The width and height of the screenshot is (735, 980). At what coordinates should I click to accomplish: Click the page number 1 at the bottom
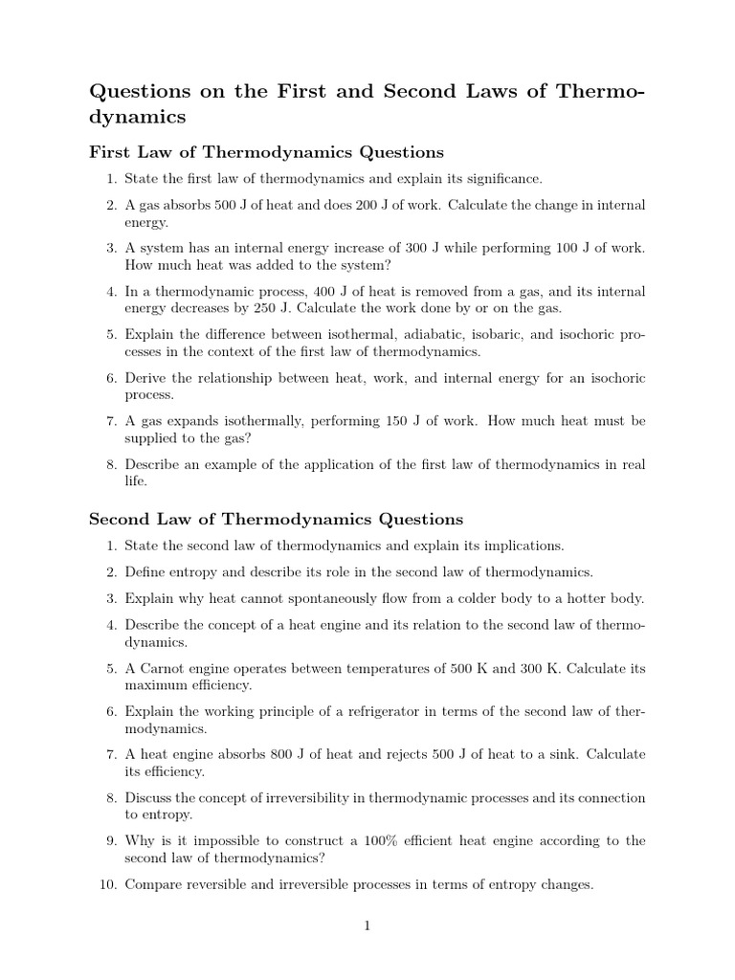coord(367,925)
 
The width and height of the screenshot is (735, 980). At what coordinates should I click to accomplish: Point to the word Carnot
coord(158,669)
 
